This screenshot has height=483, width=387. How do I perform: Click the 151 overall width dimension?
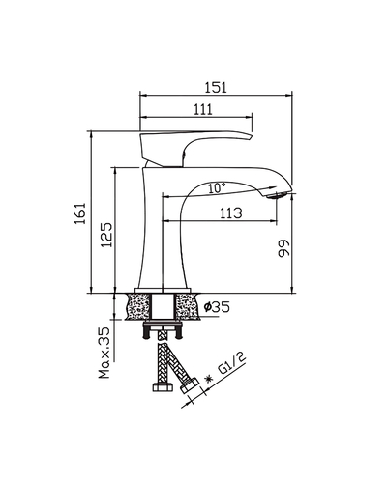218,85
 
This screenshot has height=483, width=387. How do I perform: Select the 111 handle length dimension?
202,110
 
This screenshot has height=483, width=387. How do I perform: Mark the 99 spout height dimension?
283,248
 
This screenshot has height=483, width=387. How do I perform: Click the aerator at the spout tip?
282,196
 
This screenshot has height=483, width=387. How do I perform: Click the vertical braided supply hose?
156,363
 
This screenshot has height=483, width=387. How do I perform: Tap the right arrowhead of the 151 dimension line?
287,95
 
